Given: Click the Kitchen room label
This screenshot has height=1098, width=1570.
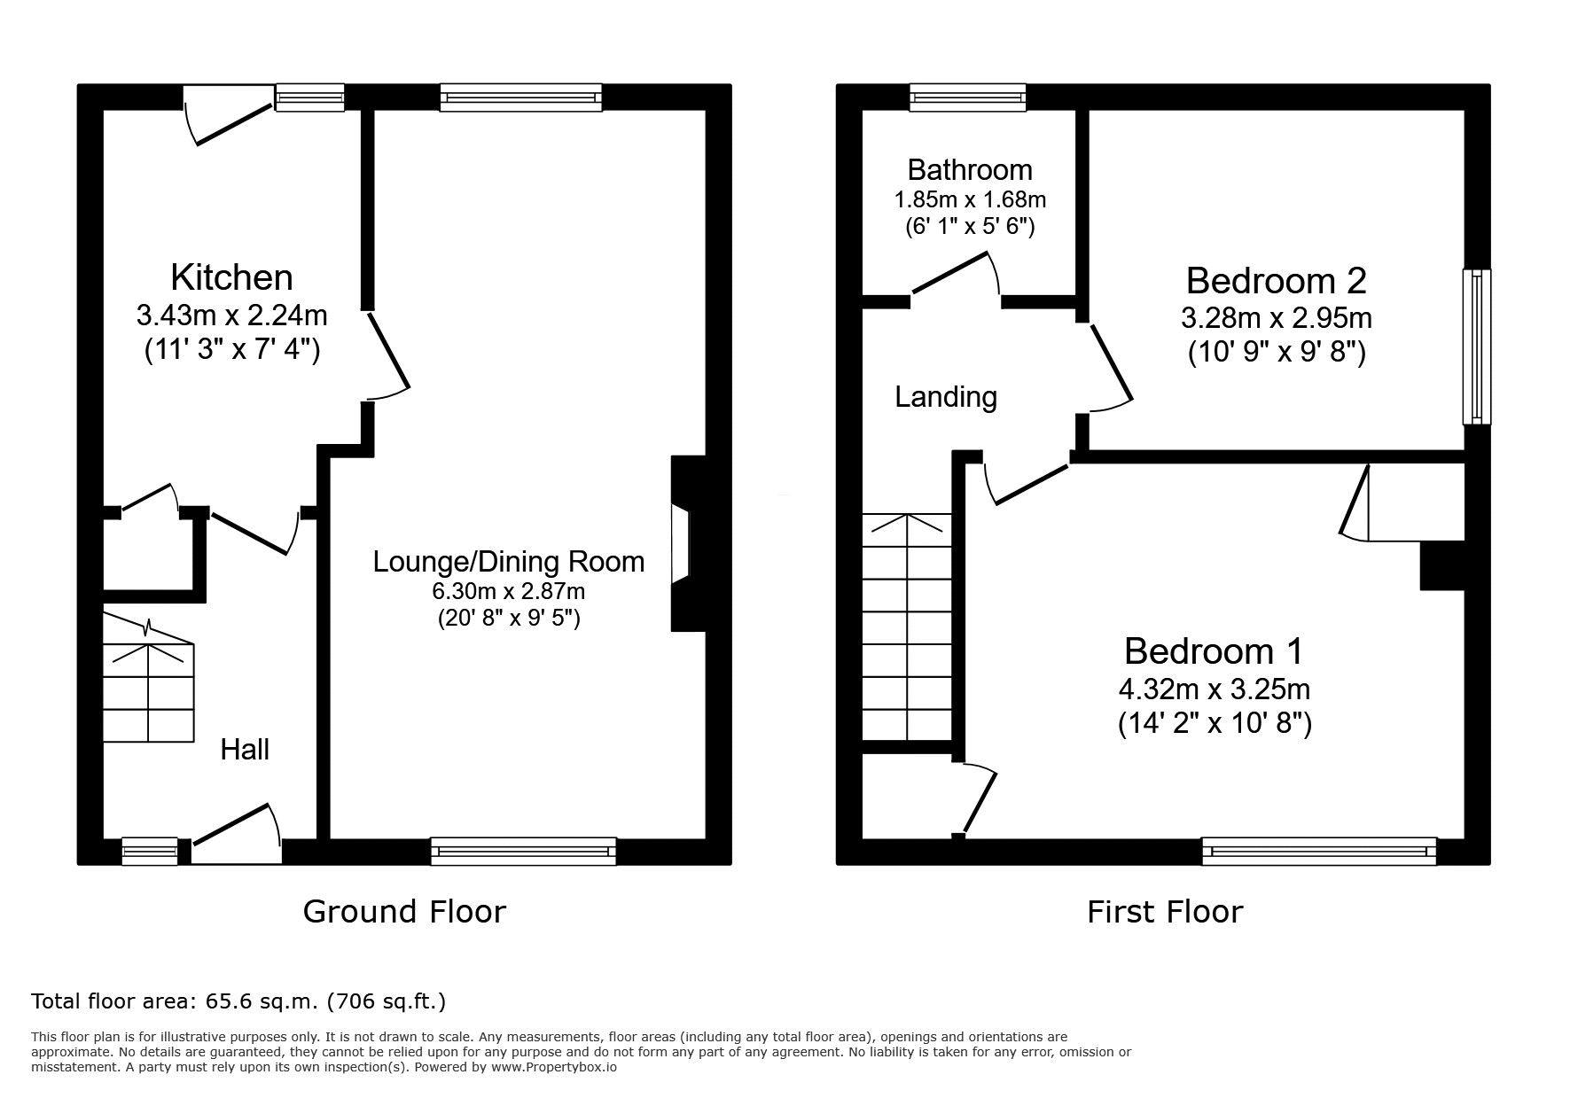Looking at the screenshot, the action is click(231, 277).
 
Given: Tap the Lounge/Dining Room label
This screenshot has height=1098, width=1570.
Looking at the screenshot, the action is click(509, 562).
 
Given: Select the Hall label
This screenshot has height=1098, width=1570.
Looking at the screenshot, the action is click(245, 750).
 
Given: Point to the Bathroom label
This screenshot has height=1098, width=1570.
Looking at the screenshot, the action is click(970, 169).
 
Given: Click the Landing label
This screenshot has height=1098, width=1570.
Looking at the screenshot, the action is click(946, 397).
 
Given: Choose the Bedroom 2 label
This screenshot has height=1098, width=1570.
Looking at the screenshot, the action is click(1277, 281).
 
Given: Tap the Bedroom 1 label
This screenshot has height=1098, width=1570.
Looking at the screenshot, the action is click(1215, 651).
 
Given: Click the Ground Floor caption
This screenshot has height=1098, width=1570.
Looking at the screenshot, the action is click(404, 911).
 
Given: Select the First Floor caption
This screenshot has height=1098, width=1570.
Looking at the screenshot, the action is click(1165, 911).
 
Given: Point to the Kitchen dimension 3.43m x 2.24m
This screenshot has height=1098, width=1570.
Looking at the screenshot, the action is click(231, 315).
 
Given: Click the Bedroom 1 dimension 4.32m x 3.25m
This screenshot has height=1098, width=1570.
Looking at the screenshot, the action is click(1215, 689).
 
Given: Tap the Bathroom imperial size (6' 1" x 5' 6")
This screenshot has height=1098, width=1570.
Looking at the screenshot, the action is click(970, 226).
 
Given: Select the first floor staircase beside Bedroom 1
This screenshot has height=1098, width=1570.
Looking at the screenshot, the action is click(907, 627).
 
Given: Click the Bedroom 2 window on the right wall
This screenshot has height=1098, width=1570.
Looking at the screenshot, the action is click(1477, 347).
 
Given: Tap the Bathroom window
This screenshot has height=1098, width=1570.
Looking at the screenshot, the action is click(968, 97).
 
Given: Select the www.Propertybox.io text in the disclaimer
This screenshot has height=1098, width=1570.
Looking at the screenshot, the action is click(554, 1067).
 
